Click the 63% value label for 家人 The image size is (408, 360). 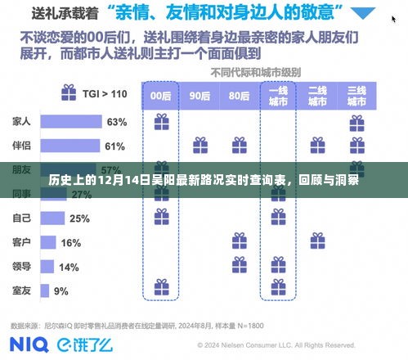116,122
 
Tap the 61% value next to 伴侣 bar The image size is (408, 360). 114,146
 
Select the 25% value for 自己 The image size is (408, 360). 79,218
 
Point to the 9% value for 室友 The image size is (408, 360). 61,291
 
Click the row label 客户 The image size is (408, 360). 22,243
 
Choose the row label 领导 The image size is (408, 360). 22,267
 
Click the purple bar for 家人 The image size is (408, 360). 69,122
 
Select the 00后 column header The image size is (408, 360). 161,95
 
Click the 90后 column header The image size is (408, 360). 200,95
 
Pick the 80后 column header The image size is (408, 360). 238,95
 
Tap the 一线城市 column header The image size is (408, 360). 277,95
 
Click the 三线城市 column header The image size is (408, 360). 356,95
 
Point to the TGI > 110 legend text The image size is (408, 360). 105,94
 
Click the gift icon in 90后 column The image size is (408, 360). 200,146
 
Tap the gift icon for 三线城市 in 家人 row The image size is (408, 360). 356,122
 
